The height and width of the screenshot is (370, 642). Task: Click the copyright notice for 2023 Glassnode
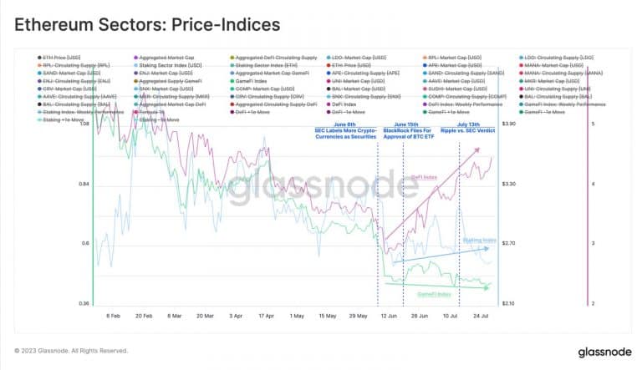[x=71, y=350]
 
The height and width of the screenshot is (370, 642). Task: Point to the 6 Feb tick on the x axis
[x=114, y=317]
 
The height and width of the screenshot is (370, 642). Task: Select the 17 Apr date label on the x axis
[x=267, y=317]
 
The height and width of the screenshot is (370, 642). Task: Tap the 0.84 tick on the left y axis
[x=83, y=184]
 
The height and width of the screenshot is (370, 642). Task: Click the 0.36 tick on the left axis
[x=83, y=303]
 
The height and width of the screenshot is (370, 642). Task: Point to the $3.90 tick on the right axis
[x=509, y=124]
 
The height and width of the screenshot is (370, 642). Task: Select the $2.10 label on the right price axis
[x=509, y=303]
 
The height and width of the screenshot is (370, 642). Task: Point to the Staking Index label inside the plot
[x=479, y=240]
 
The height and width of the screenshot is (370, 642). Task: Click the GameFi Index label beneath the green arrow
[x=434, y=294]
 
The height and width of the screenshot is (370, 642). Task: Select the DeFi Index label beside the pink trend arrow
[x=424, y=177]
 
